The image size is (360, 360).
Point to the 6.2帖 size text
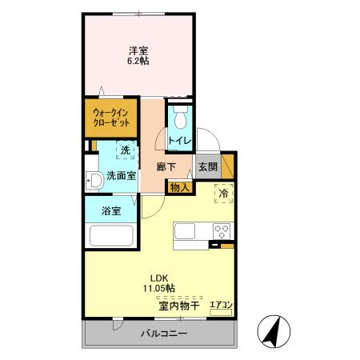pos(138,60)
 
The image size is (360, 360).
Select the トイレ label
pos(178,141)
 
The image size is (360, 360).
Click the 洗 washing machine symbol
pos(124,150)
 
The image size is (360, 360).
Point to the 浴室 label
pos(111,211)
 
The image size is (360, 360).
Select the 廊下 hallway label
pos(166,168)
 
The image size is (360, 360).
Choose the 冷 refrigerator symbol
pos(224,193)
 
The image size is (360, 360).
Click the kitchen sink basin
pos(185,232)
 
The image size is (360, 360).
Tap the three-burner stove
pos(221,232)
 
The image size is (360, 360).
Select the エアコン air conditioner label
pos(221,305)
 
